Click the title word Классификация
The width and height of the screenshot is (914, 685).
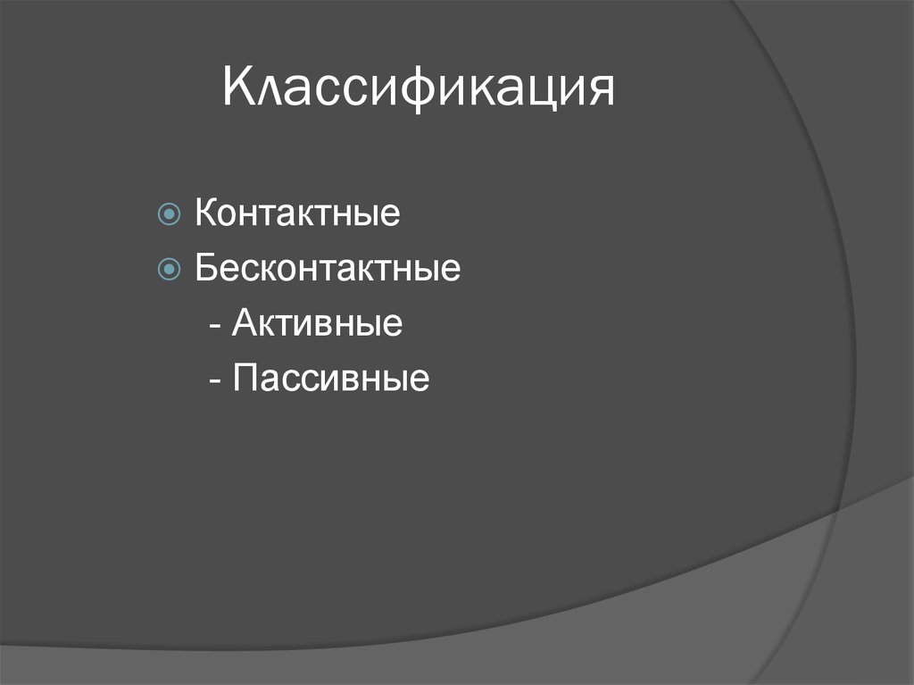pyautogui.click(x=419, y=90)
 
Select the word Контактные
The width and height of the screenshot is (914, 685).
pyautogui.click(x=297, y=215)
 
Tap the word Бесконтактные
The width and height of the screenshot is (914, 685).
pyautogui.click(x=328, y=269)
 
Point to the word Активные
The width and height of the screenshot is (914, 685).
pyautogui.click(x=317, y=323)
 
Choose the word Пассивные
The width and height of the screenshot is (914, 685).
pyautogui.click(x=331, y=378)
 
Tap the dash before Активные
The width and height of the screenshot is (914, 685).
pyautogui.click(x=217, y=326)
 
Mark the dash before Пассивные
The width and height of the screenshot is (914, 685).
pyautogui.click(x=217, y=380)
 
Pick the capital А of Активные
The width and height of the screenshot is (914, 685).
pyautogui.click(x=245, y=323)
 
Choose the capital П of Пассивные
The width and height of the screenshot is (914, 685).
pyautogui.click(x=245, y=378)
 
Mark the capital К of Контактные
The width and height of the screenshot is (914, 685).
pyautogui.click(x=205, y=215)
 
